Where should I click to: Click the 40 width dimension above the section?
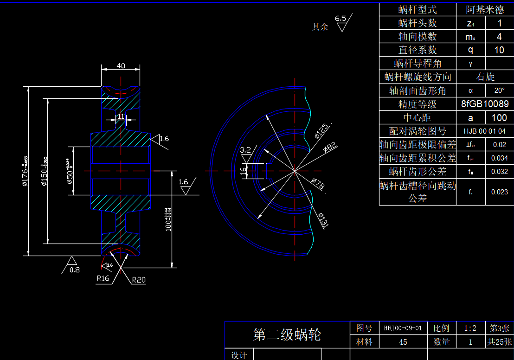pyautogui.click(x=121, y=66)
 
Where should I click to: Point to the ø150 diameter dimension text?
pyautogui.click(x=45, y=171)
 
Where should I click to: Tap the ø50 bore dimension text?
pyautogui.click(x=70, y=171)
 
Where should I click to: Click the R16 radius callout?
pyautogui.click(x=103, y=278)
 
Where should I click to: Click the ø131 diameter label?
pyautogui.click(x=323, y=220)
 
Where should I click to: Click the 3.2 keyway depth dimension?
pyautogui.click(x=245, y=150)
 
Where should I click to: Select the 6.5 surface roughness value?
pyautogui.click(x=341, y=19)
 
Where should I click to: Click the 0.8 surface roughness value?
pyautogui.click(x=74, y=270)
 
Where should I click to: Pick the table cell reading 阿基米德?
pyautogui.click(x=485, y=10)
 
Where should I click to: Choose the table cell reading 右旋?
pyautogui.click(x=485, y=77)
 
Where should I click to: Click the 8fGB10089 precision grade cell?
pyautogui.click(x=485, y=104)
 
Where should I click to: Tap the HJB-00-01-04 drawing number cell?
pyautogui.click(x=485, y=131)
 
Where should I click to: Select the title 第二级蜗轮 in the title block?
pyautogui.click(x=287, y=334)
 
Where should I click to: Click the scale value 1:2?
pyautogui.click(x=470, y=328)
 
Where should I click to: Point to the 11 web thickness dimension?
pyautogui.click(x=121, y=116)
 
